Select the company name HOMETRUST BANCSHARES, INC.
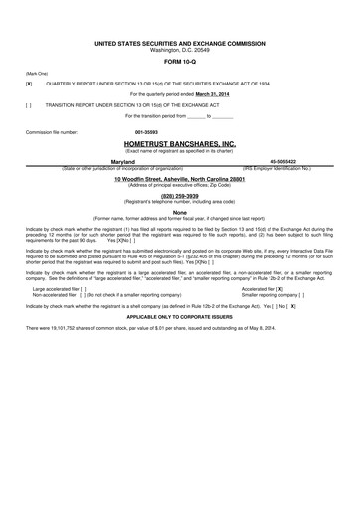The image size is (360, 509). tap(180, 143)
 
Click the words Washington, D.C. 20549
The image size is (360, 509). tap(180, 50)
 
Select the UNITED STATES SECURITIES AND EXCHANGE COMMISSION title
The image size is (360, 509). tap(180, 44)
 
